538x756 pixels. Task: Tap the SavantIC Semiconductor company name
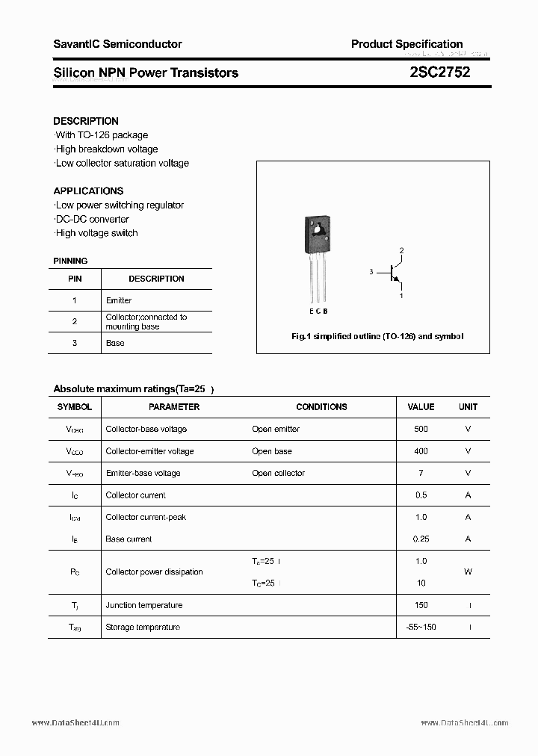[117, 44]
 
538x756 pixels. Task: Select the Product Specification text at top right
[406, 44]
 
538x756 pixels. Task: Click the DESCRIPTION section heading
[86, 121]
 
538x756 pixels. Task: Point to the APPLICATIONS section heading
[88, 191]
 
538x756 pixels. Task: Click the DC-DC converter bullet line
[92, 219]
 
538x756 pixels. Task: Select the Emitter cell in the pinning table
[119, 300]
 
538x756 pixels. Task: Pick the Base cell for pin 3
[115, 343]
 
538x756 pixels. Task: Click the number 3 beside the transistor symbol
[371, 273]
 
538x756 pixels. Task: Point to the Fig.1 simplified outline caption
[377, 337]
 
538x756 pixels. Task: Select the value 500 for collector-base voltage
[421, 430]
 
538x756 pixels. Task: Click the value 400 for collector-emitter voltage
[421, 451]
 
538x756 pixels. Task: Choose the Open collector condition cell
[278, 473]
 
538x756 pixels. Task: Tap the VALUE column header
[421, 407]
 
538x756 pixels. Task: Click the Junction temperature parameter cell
[144, 605]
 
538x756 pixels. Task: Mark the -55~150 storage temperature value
[421, 627]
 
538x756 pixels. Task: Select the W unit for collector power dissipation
[468, 571]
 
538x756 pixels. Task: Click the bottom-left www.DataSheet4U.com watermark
[75, 723]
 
